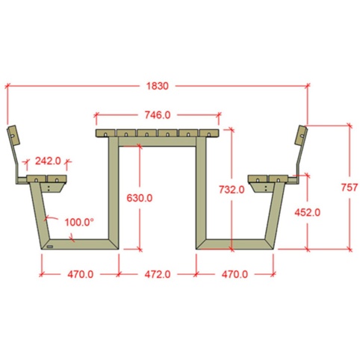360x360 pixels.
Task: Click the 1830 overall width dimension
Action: [158, 86]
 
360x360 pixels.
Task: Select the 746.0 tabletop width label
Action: [158, 115]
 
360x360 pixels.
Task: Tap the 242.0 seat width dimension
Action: [48, 161]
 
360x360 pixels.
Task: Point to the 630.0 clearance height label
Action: [140, 198]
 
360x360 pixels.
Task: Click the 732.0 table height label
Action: [232, 190]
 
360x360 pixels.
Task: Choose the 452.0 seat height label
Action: [307, 212]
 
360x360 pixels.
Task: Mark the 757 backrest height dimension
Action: [350, 187]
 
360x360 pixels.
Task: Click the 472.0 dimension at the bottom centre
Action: [158, 274]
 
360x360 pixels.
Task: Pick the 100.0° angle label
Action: [79, 222]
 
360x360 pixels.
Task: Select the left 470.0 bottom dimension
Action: [81, 274]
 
